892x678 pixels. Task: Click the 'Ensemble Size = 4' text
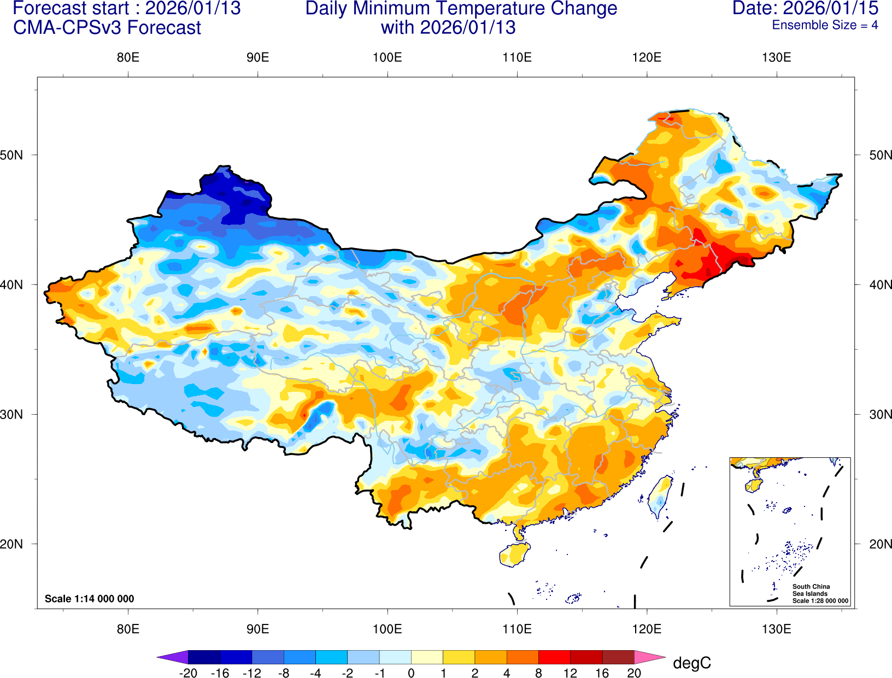pyautogui.click(x=825, y=25)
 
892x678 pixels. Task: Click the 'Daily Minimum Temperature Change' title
pyautogui.click(x=461, y=9)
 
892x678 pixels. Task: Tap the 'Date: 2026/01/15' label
pyautogui.click(x=805, y=8)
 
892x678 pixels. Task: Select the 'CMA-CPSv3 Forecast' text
pyautogui.click(x=107, y=28)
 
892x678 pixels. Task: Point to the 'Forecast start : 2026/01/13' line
pyautogui.click(x=126, y=8)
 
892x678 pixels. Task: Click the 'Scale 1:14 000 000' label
pyautogui.click(x=89, y=599)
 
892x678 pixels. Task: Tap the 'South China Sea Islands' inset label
pyautogui.click(x=811, y=590)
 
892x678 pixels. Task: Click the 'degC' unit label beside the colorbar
pyautogui.click(x=691, y=663)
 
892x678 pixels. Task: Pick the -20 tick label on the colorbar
pyautogui.click(x=188, y=673)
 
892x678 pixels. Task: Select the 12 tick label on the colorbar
pyautogui.click(x=570, y=673)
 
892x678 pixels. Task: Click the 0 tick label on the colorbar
pyautogui.click(x=411, y=673)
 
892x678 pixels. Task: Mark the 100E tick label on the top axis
pyautogui.click(x=387, y=57)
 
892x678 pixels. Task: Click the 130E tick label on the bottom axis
pyautogui.click(x=776, y=629)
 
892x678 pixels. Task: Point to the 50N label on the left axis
pyautogui.click(x=12, y=155)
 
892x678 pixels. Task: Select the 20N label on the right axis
pyautogui.click(x=880, y=544)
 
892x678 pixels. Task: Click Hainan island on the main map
pyautogui.click(x=514, y=555)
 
